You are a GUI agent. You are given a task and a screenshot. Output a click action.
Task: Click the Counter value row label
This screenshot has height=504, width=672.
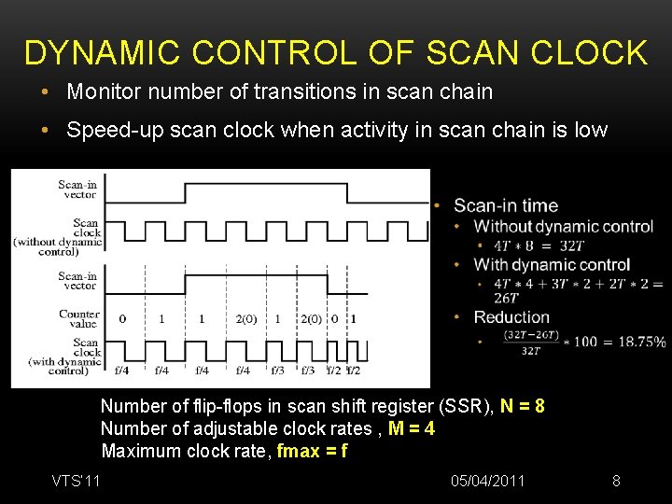[x=79, y=319]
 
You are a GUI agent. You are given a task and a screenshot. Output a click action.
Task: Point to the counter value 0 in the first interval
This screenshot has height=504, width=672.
[x=122, y=319]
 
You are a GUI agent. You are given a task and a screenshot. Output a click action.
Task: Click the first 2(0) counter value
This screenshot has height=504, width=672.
[x=246, y=319]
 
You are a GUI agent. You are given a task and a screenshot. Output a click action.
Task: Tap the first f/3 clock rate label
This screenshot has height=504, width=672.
[x=279, y=371]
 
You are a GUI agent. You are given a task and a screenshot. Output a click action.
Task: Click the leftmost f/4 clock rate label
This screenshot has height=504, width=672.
[x=122, y=371]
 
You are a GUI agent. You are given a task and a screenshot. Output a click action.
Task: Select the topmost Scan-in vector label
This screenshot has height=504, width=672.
[x=77, y=189]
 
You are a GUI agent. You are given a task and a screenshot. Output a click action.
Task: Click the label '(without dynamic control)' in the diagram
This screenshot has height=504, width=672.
[x=58, y=247]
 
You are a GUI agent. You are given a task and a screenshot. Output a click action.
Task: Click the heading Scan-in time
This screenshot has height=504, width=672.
[x=506, y=205]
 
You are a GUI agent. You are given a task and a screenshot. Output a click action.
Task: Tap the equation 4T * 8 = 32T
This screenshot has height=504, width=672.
[x=539, y=245]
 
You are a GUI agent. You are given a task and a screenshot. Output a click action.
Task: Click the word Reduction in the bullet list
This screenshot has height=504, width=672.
[x=511, y=317]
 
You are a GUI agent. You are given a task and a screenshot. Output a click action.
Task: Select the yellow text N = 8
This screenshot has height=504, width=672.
[x=523, y=406]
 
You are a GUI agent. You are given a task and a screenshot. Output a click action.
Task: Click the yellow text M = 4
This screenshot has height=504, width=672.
[x=410, y=428]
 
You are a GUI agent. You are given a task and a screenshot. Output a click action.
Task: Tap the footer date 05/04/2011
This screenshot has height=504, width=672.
[x=487, y=481]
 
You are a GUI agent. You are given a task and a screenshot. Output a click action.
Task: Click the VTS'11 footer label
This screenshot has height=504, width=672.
[x=77, y=481]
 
